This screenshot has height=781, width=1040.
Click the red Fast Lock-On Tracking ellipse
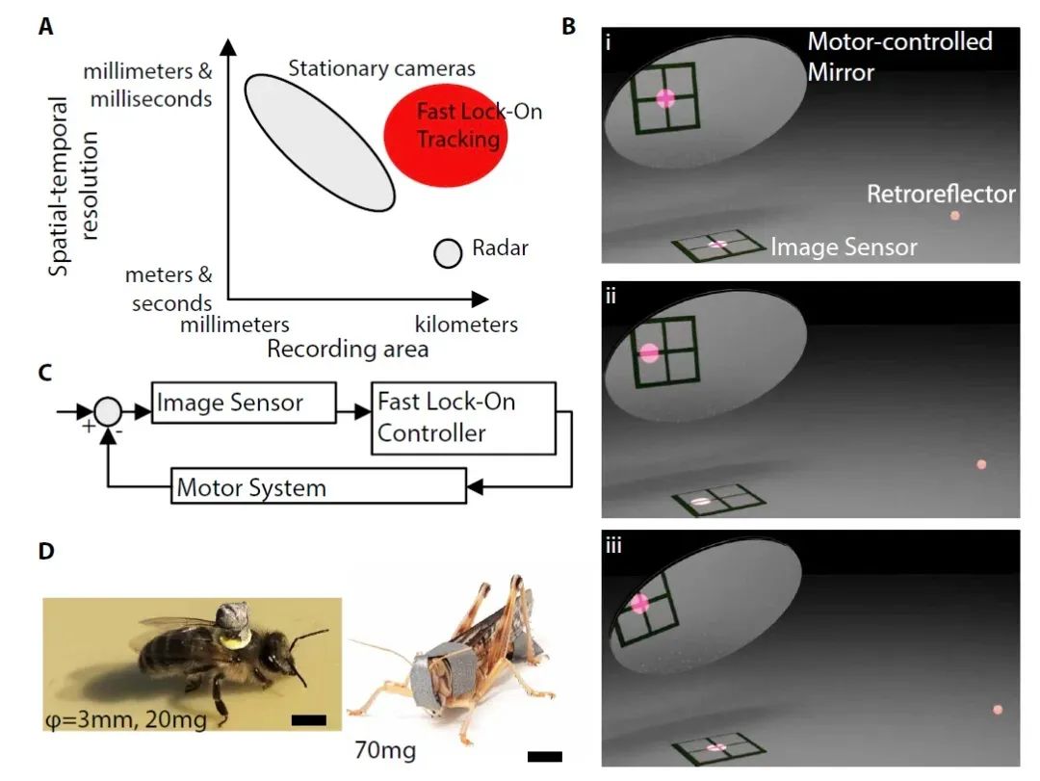(x=445, y=133)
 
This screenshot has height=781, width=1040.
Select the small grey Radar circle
(x=447, y=253)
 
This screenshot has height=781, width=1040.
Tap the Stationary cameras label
(x=382, y=69)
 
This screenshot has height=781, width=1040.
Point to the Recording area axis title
(x=348, y=349)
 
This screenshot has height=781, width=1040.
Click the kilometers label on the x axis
(x=466, y=325)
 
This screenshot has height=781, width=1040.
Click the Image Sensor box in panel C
(x=243, y=403)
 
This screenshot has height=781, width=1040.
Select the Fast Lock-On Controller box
(x=462, y=418)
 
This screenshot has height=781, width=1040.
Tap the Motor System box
(x=318, y=487)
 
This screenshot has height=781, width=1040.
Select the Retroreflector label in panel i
(x=941, y=195)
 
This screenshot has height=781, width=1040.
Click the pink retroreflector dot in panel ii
(x=981, y=464)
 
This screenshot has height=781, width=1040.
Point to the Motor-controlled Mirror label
(x=899, y=56)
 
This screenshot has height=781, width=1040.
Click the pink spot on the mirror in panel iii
(x=638, y=604)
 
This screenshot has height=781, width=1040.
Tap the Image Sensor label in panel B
(x=844, y=247)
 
